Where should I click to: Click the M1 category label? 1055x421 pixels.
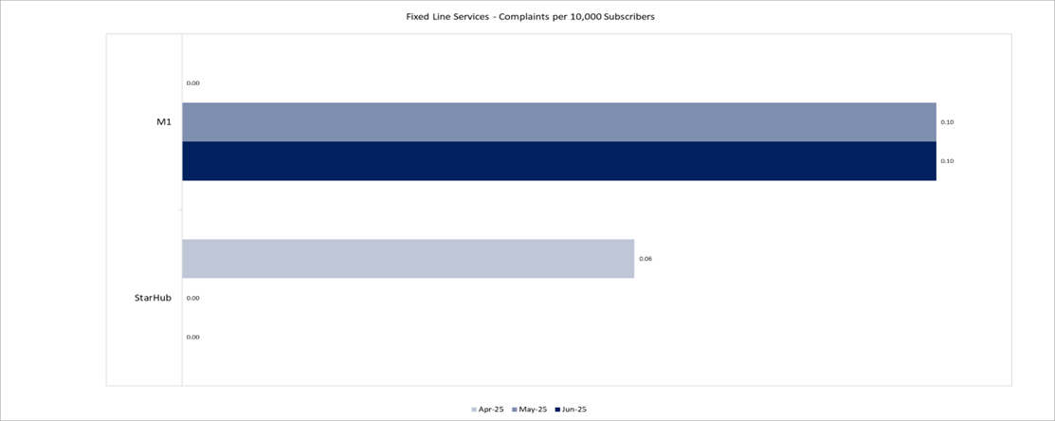pos(163,122)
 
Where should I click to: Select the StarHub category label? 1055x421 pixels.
pos(153,298)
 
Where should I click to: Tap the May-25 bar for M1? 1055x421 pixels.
pos(558,122)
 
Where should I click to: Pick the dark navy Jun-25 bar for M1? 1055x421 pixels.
pos(558,161)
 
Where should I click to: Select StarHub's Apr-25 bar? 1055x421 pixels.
pos(408,259)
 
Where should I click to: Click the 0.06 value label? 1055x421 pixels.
pos(646,259)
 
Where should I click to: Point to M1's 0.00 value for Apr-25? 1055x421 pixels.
pos(192,83)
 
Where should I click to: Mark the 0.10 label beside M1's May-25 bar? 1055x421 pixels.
pos(947,122)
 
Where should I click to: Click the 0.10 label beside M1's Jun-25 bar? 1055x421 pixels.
pos(947,161)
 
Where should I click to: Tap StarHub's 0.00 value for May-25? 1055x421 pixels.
pos(192,298)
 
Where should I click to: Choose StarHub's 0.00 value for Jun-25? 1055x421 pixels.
pos(192,337)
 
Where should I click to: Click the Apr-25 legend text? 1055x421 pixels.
pos(492,410)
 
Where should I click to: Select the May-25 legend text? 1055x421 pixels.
pos(533,410)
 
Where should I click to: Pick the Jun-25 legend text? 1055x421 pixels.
pos(573,410)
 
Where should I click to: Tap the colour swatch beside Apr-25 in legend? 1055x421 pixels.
pos(474,410)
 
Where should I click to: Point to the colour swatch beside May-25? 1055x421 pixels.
pos(515,410)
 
